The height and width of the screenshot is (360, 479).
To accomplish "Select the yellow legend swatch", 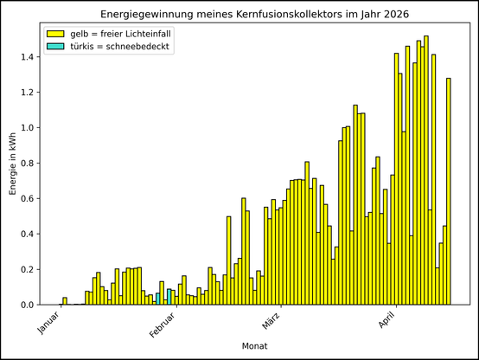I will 57,33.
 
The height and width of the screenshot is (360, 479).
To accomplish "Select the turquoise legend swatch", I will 57,46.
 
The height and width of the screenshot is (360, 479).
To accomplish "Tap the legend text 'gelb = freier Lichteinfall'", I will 126,33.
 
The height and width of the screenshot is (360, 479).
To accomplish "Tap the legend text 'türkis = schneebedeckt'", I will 122,46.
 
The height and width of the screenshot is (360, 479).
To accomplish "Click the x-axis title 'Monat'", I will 254,347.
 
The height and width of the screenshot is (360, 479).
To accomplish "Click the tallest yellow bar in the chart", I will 426,173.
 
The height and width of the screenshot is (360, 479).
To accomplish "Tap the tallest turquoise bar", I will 169,297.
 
